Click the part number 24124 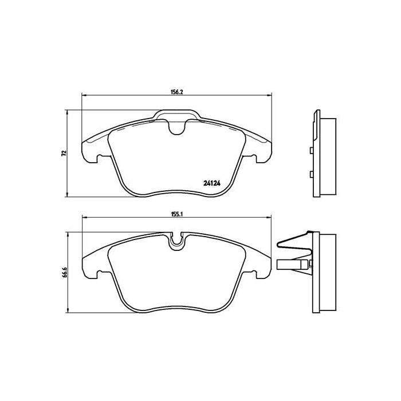[212, 184]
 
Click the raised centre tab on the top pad [178, 116]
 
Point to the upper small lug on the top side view [310, 151]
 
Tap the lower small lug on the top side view [310, 174]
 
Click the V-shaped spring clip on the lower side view [293, 241]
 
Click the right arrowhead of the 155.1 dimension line [269, 217]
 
